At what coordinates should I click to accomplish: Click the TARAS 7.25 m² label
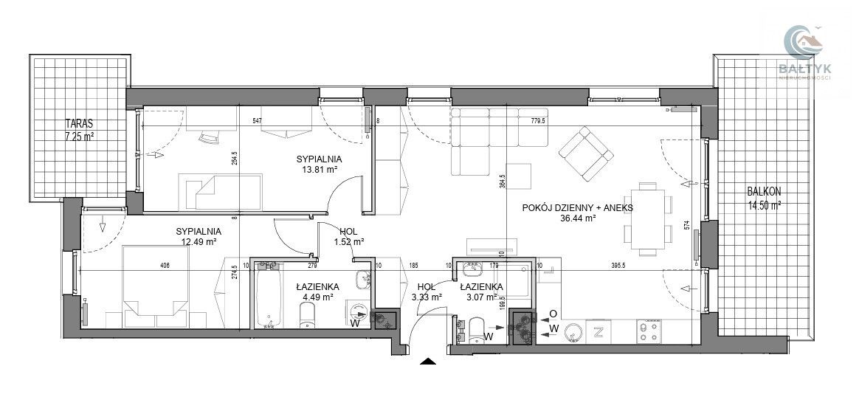tap(80, 129)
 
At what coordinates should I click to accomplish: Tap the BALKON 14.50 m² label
tap(763, 198)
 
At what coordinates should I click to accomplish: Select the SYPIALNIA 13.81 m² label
tap(316, 165)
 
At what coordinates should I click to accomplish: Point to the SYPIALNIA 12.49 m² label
tap(199, 236)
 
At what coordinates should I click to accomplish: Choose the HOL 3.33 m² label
tap(429, 292)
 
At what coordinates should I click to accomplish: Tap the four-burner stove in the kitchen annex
tap(649, 331)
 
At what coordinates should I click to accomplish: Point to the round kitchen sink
tap(573, 331)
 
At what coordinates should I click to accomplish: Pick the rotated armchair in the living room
tap(586, 154)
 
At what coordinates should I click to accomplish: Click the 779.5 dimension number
tap(537, 122)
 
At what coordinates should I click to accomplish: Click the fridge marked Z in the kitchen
tap(598, 331)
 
